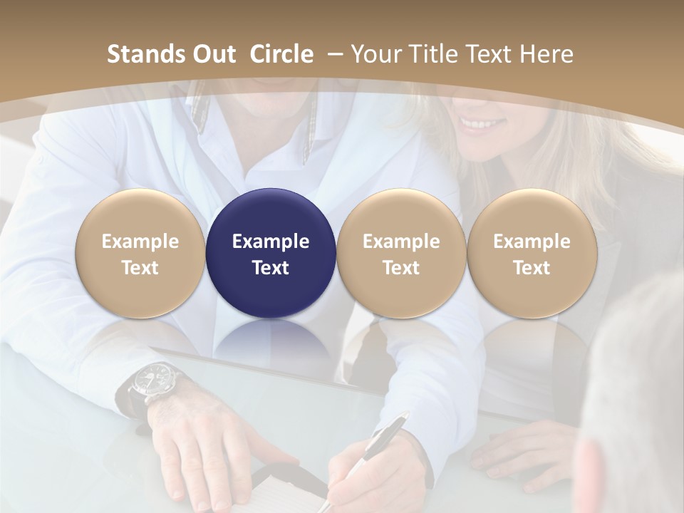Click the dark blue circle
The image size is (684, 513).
[x=271, y=253]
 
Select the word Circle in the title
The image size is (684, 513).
[x=281, y=54]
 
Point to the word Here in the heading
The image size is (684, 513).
[x=545, y=54]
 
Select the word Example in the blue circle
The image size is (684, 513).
[x=271, y=242]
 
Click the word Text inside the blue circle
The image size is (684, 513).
[x=271, y=268]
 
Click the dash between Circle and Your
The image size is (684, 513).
[x=333, y=54]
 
